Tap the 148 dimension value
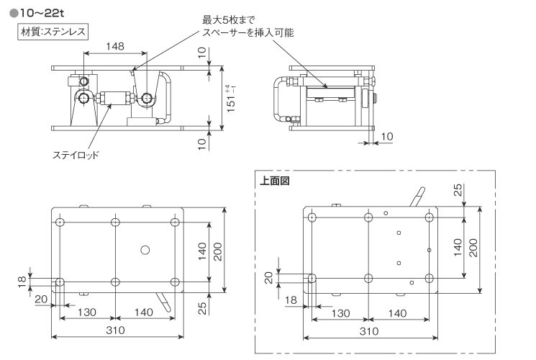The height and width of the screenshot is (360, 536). point(114,46)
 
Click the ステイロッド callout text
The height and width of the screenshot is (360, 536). point(76,155)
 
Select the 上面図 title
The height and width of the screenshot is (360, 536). point(274,181)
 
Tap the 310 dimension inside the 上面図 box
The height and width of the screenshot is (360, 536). point(368,332)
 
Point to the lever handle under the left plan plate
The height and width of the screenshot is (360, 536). point(163,301)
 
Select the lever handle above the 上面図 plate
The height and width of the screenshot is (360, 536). point(416,197)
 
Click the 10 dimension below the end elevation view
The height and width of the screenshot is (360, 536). point(386,135)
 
